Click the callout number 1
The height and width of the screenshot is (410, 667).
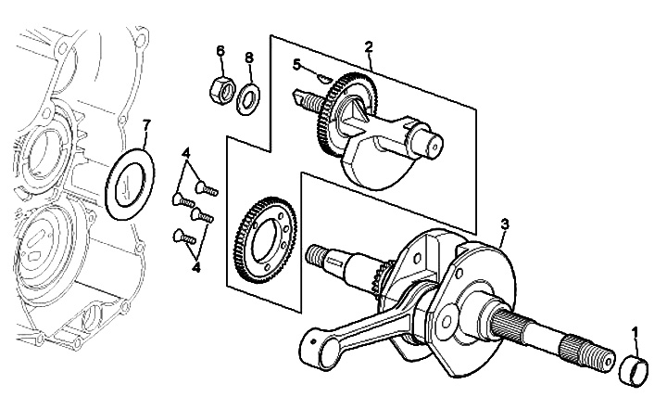(x=635, y=332)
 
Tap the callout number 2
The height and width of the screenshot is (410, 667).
(x=369, y=45)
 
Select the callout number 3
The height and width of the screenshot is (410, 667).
(x=504, y=224)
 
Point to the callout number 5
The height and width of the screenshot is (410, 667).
(x=297, y=65)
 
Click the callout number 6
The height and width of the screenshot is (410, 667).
(x=220, y=49)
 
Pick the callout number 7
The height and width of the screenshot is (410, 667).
(x=145, y=124)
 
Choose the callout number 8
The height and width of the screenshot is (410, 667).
(x=249, y=58)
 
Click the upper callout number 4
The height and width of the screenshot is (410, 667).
(x=185, y=152)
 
